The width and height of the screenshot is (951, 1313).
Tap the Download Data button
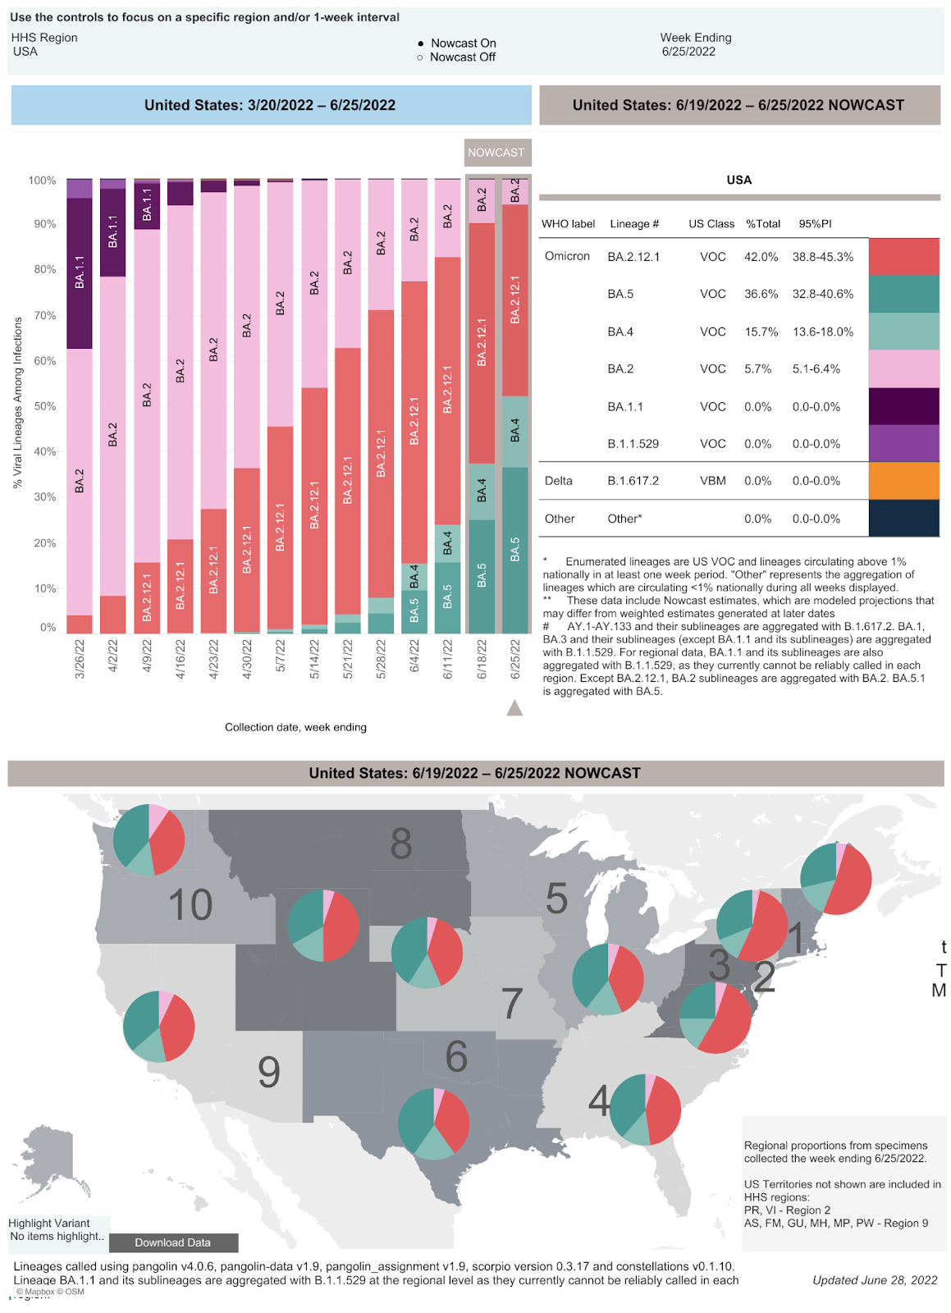point(173,1242)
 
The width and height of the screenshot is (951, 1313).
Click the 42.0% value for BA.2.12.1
point(761,257)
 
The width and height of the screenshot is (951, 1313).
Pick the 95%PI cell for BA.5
point(822,294)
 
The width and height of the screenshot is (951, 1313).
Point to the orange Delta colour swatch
point(903,481)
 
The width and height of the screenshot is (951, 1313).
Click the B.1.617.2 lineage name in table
point(633,481)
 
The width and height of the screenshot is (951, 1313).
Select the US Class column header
point(711,224)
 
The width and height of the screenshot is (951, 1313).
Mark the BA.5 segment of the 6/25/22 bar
point(514,549)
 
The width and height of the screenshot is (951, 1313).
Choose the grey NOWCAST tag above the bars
point(496,153)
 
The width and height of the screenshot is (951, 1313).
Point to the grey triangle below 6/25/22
point(514,707)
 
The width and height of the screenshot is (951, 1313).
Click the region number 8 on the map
point(400,844)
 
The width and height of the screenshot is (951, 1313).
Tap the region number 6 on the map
point(456,1057)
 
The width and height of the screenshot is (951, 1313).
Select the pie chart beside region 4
point(646,1109)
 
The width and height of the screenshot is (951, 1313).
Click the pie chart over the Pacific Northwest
point(149,839)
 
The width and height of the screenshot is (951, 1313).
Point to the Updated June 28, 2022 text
point(874,1280)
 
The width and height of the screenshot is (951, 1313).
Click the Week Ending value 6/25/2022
point(688,52)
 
